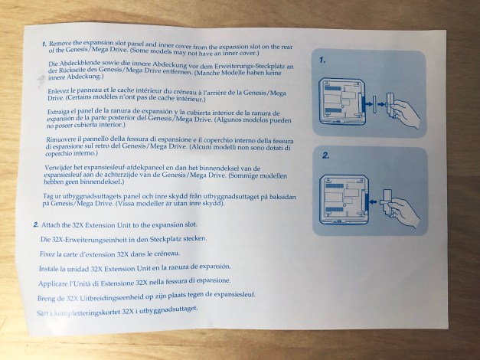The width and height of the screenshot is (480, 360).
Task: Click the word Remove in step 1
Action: (60, 44)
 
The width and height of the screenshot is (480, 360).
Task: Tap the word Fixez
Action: (47, 254)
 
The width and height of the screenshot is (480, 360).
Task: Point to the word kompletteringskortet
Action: (87, 313)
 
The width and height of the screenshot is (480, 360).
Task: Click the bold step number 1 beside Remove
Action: (44, 44)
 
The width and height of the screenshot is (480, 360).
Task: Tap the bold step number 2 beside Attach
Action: (36, 225)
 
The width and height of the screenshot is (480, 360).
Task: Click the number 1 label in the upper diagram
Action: (322, 61)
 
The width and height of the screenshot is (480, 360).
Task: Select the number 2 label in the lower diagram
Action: (325, 155)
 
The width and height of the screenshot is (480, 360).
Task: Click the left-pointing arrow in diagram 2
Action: (374, 202)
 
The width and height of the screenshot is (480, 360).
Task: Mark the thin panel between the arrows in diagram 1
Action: (374, 104)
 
